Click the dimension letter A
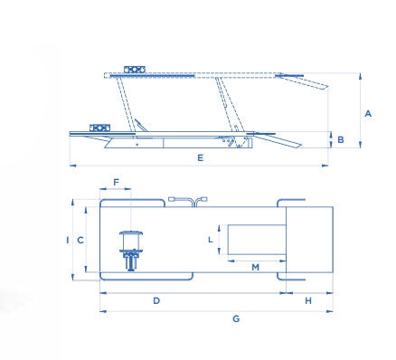[368, 114]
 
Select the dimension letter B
[341, 140]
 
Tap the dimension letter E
[201, 157]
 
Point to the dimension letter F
[117, 182]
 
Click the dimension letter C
[80, 241]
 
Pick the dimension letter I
[68, 241]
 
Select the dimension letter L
[211, 240]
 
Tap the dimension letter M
[255, 267]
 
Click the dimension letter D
[156, 300]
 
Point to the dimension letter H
[308, 300]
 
